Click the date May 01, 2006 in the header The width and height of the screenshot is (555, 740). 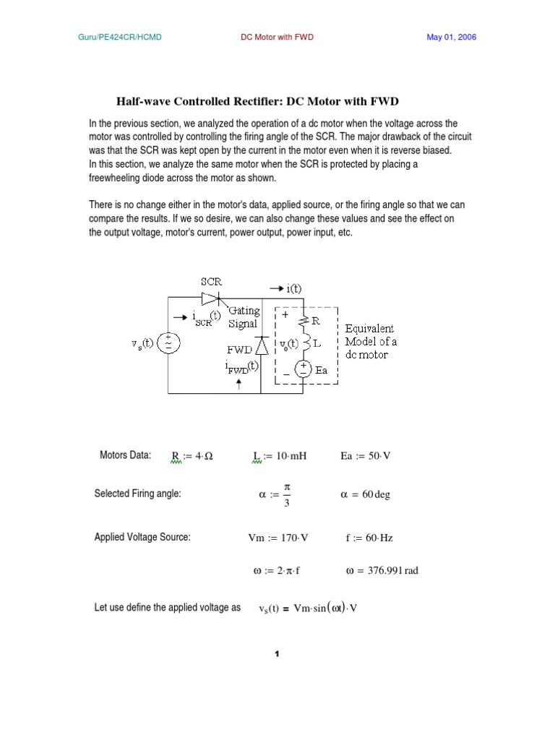[x=451, y=37]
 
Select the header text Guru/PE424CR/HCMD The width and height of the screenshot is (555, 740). [x=120, y=37]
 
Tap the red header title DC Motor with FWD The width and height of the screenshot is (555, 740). [x=277, y=37]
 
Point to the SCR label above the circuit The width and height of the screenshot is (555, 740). [x=211, y=283]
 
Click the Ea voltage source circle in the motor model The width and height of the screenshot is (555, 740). [x=305, y=369]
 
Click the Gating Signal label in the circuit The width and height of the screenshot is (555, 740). [x=243, y=317]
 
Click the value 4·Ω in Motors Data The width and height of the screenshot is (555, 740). [x=203, y=456]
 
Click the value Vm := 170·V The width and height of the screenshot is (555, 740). [x=278, y=538]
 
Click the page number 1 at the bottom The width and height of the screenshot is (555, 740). [x=276, y=654]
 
